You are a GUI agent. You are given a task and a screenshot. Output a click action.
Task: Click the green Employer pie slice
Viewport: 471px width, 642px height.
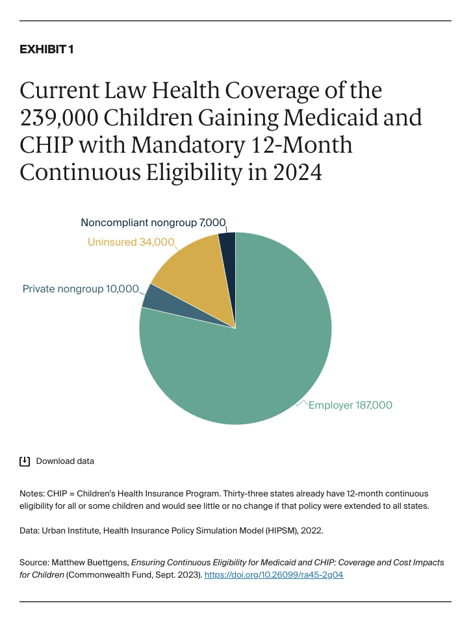pyautogui.click(x=247, y=364)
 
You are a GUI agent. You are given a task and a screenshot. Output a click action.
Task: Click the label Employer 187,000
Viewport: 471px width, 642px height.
pyautogui.click(x=350, y=405)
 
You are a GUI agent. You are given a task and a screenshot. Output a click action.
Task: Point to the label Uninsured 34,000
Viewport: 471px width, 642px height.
pyautogui.click(x=131, y=242)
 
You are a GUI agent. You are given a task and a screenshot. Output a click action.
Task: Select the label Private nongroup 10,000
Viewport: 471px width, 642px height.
pyautogui.click(x=81, y=289)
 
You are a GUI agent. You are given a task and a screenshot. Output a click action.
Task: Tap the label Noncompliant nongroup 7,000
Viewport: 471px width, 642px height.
pyautogui.click(x=153, y=222)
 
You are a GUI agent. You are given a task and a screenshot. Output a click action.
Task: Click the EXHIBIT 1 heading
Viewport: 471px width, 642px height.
pyautogui.click(x=46, y=50)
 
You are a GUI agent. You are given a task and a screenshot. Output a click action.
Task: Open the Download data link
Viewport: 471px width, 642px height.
pyautogui.click(x=65, y=461)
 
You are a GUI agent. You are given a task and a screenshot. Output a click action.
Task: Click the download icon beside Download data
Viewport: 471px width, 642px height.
pyautogui.click(x=25, y=461)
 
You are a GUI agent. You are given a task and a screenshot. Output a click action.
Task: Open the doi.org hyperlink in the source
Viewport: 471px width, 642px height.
pyautogui.click(x=274, y=575)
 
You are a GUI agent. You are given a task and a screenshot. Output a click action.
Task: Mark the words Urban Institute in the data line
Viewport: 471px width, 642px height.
pyautogui.click(x=70, y=531)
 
